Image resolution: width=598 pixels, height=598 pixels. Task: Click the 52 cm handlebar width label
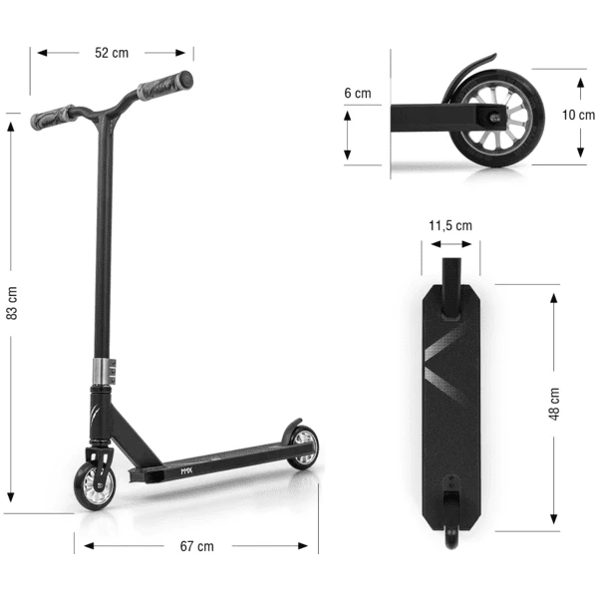click(112, 53)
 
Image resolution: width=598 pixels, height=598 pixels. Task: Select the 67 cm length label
click(196, 545)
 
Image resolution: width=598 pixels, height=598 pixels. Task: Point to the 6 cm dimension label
click(357, 93)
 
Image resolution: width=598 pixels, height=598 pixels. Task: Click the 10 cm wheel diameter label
click(578, 115)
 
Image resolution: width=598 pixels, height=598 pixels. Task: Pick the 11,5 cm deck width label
click(449, 226)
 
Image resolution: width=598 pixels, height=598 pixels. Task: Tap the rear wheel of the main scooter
click(302, 448)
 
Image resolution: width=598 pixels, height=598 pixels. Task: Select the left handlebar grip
click(52, 118)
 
